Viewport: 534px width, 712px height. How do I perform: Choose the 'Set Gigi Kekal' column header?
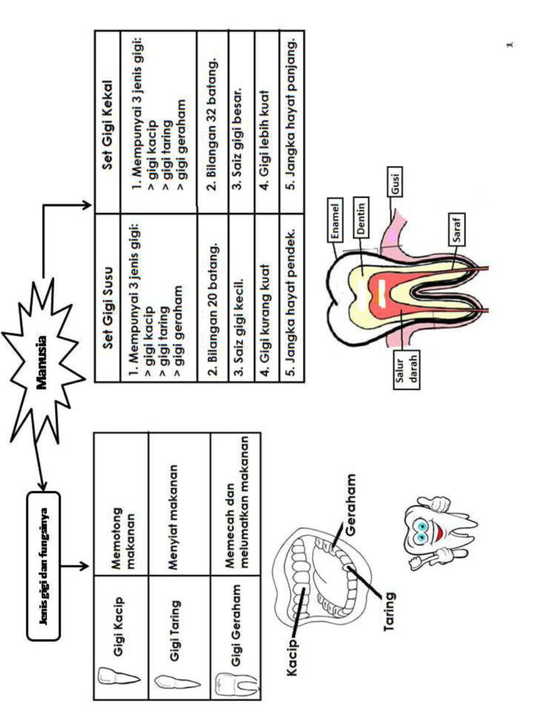click(107, 121)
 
